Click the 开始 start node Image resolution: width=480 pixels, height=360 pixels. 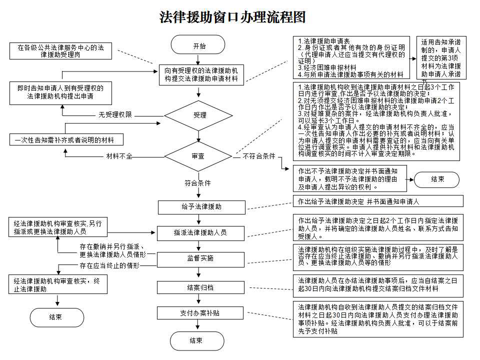199,46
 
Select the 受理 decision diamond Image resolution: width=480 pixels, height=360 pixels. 199,115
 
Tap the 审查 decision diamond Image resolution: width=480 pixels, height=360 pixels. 198,156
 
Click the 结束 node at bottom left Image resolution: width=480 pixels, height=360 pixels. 56,317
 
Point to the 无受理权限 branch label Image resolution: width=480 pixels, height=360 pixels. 115,115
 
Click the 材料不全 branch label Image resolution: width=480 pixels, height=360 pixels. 119,156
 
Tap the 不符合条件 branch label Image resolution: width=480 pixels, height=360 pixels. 258,156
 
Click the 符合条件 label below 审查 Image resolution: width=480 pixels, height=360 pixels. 198,183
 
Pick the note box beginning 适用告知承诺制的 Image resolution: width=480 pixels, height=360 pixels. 441,58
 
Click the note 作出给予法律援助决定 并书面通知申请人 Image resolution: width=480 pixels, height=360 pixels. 377,201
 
